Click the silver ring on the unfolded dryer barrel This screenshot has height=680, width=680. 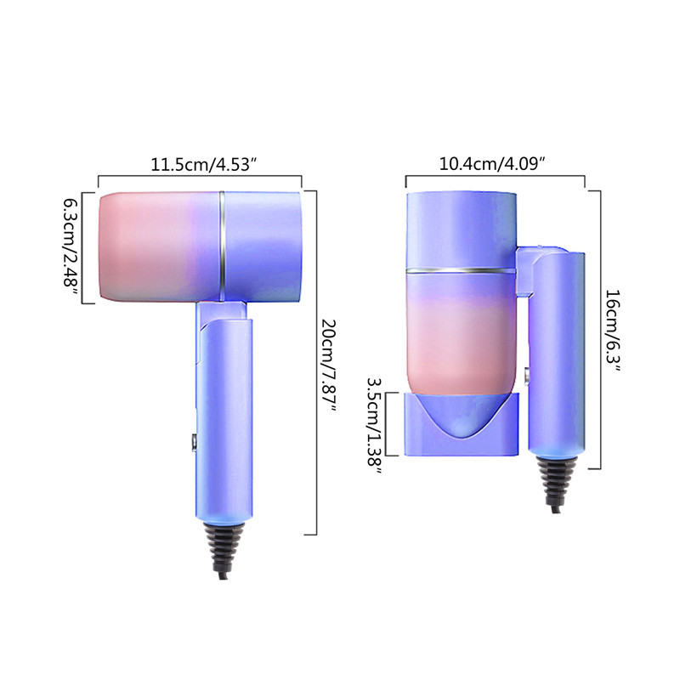pyautogui.click(x=222, y=246)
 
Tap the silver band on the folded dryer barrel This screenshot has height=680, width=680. pyautogui.click(x=460, y=272)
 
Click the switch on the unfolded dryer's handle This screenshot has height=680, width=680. pyautogui.click(x=193, y=442)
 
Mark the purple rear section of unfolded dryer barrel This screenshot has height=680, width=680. pyautogui.click(x=263, y=246)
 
